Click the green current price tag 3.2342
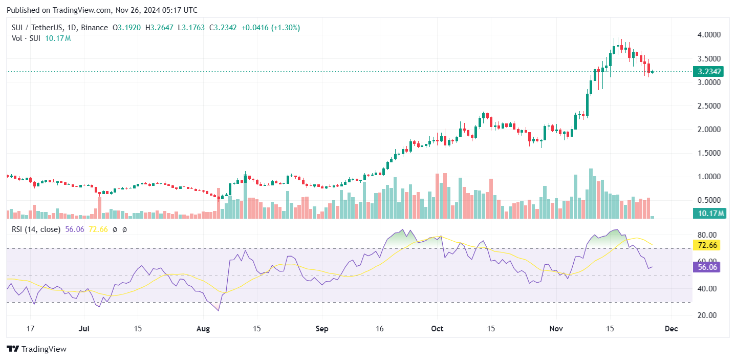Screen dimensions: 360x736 click(707, 72)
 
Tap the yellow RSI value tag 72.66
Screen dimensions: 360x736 click(707, 246)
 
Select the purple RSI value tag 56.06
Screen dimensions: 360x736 click(707, 266)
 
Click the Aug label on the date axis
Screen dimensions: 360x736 click(203, 329)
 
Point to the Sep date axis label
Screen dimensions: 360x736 click(322, 329)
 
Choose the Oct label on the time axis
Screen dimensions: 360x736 click(437, 329)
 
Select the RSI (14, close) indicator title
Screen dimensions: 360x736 click(36, 229)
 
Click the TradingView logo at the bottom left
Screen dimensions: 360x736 click(37, 349)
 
